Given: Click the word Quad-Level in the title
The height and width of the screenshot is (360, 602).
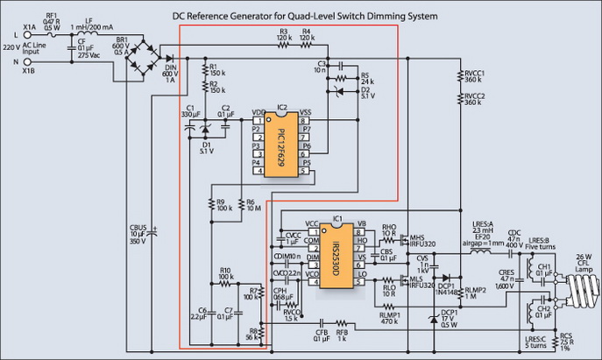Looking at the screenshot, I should coord(318,17).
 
